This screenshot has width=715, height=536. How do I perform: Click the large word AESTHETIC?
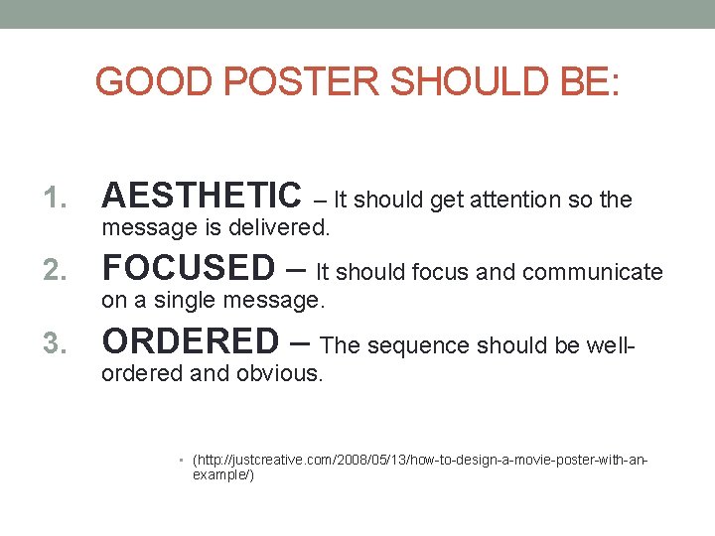click(x=202, y=196)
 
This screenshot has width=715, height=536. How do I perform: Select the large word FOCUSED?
click(x=189, y=268)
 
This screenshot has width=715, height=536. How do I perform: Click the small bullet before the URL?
click(x=184, y=462)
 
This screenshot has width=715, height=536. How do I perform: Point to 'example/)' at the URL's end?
click(x=223, y=476)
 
